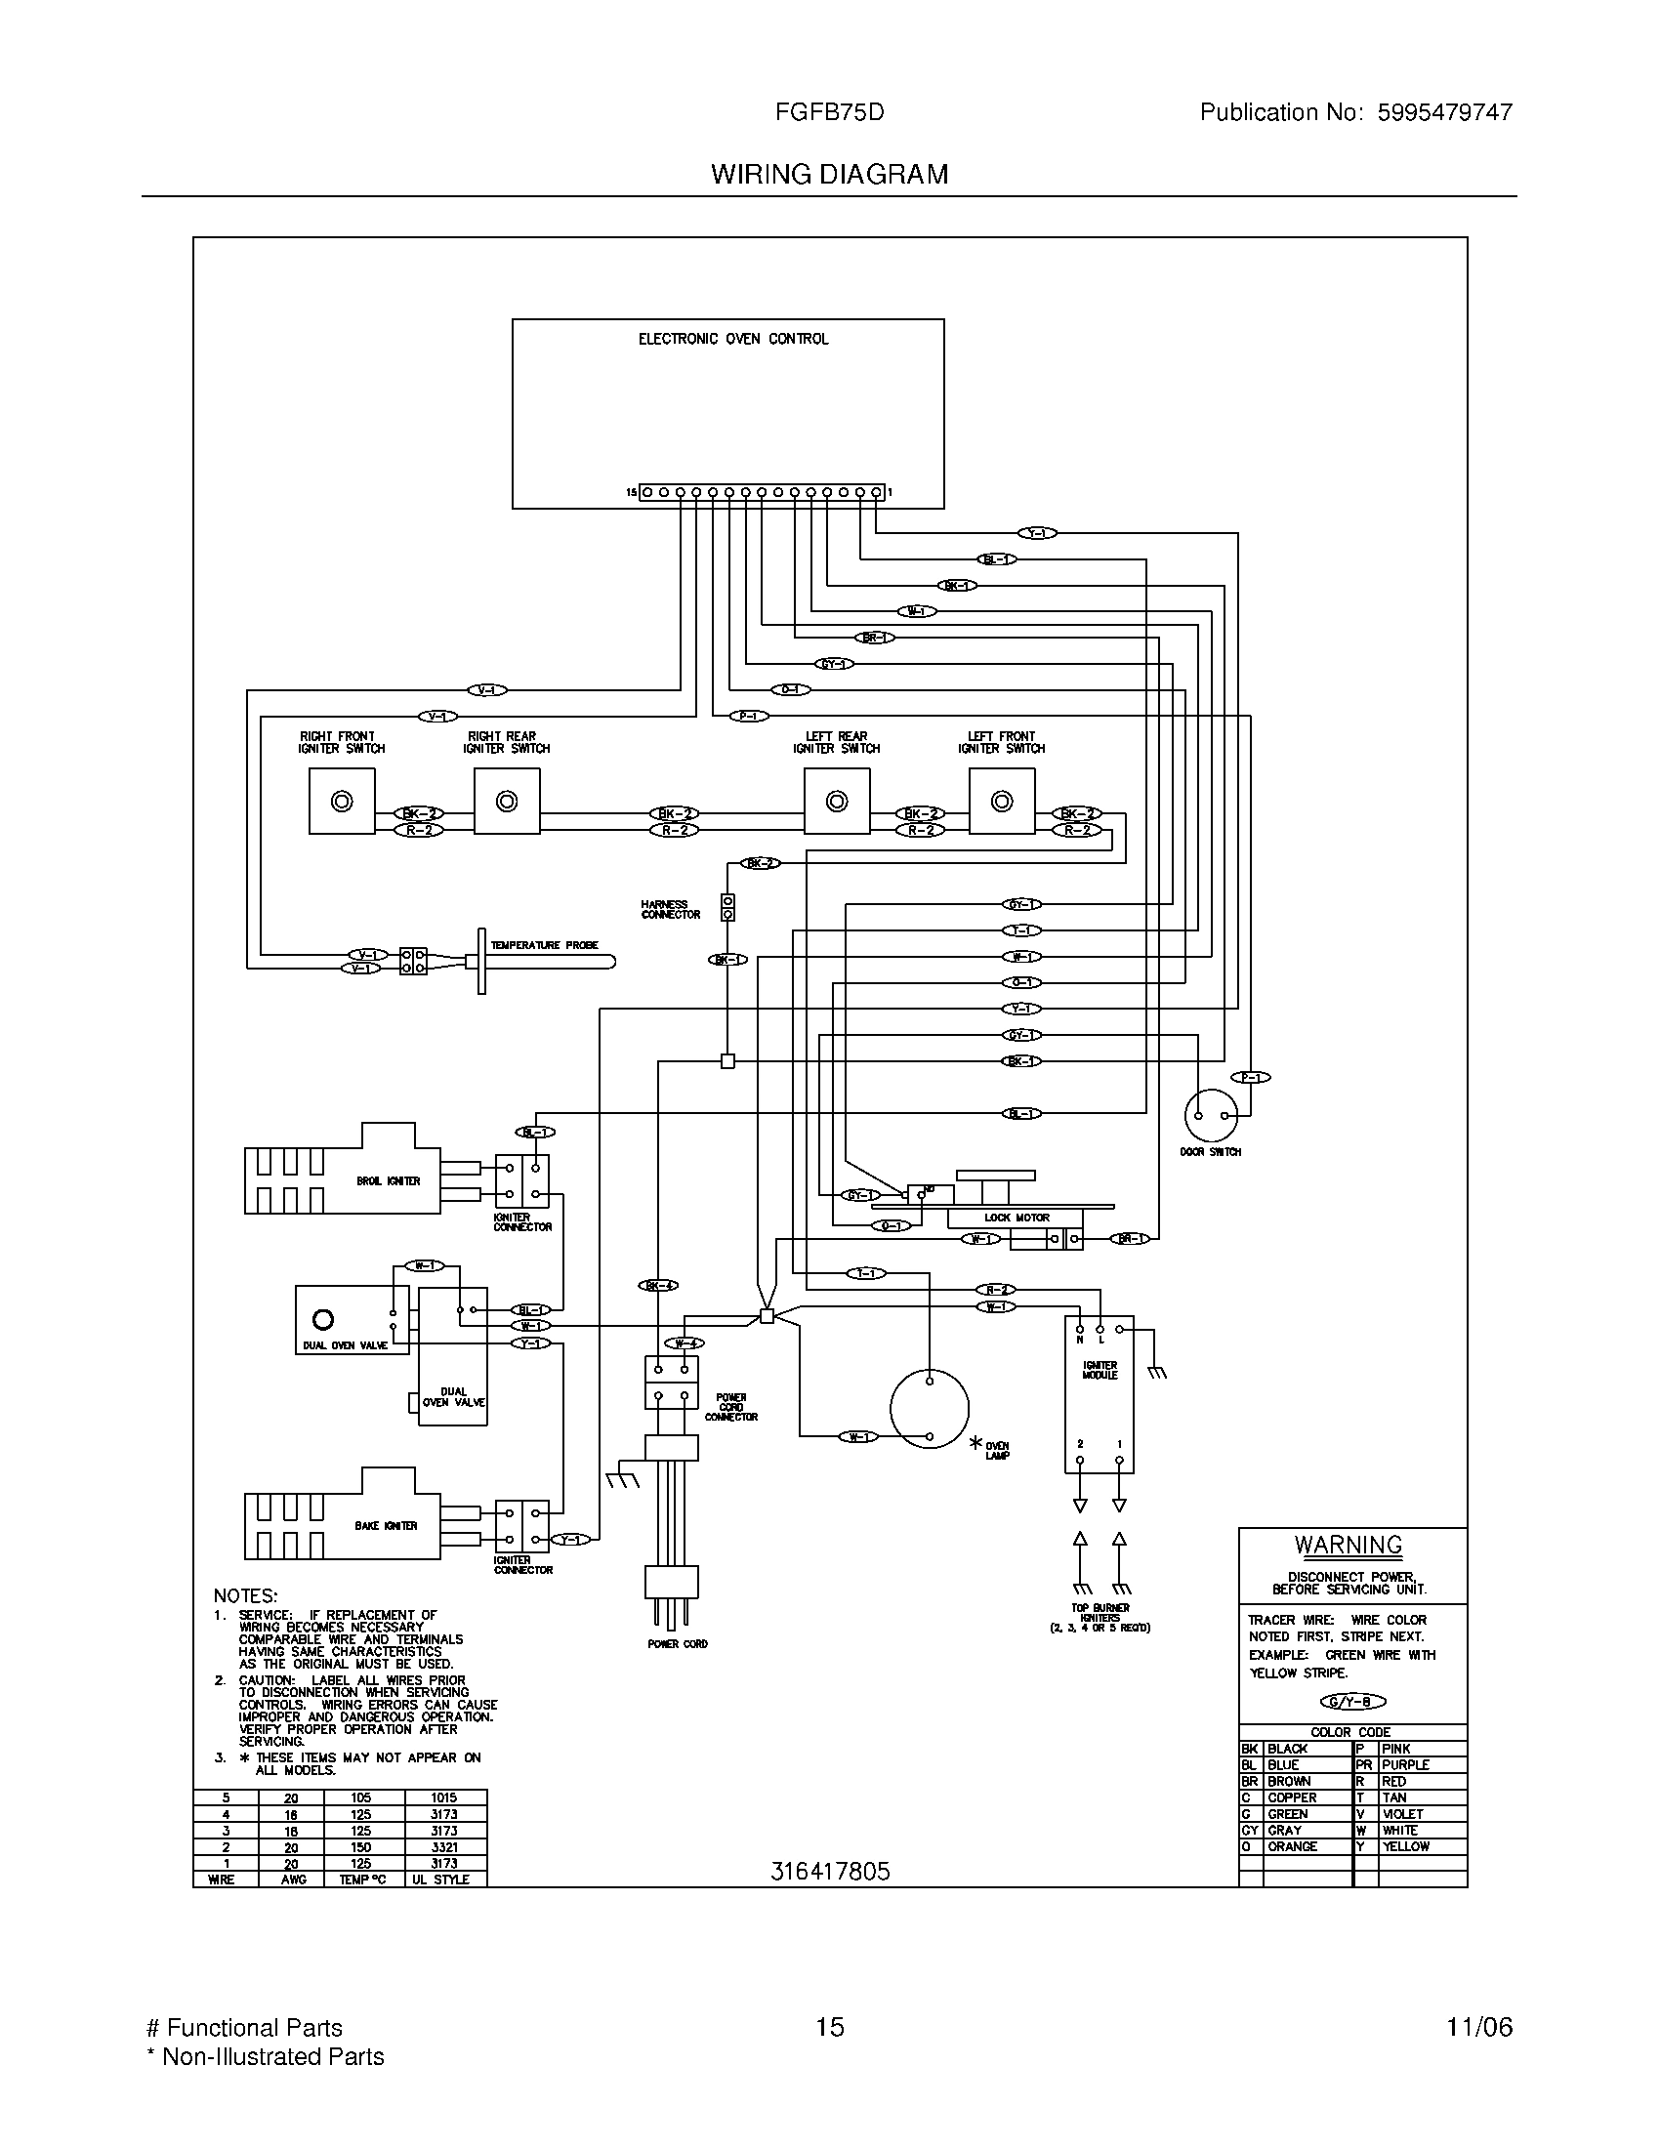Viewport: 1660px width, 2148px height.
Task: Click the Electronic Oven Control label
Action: click(x=732, y=340)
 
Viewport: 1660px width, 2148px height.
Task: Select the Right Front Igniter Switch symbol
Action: click(x=341, y=802)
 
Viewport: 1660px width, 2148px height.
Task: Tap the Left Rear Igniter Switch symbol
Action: click(x=836, y=802)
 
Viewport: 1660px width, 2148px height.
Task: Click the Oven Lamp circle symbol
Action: click(x=930, y=1408)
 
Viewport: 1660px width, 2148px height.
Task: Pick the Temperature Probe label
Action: click(x=544, y=945)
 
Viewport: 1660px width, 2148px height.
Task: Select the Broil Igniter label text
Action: click(x=389, y=1181)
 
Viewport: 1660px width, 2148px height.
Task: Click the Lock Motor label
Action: click(x=1017, y=1218)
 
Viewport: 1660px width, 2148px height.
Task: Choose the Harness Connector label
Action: click(x=671, y=909)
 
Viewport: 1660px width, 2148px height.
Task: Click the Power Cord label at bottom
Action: click(x=678, y=1644)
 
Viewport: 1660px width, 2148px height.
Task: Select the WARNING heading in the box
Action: click(x=1349, y=1546)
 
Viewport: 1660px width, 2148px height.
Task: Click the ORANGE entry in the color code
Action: click(x=1292, y=1847)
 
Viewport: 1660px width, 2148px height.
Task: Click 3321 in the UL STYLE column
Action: click(x=443, y=1847)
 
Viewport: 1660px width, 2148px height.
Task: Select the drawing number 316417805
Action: click(x=830, y=1872)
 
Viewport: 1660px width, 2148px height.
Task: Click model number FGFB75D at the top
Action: click(x=829, y=112)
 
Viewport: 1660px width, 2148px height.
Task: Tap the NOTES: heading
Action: click(x=246, y=1595)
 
